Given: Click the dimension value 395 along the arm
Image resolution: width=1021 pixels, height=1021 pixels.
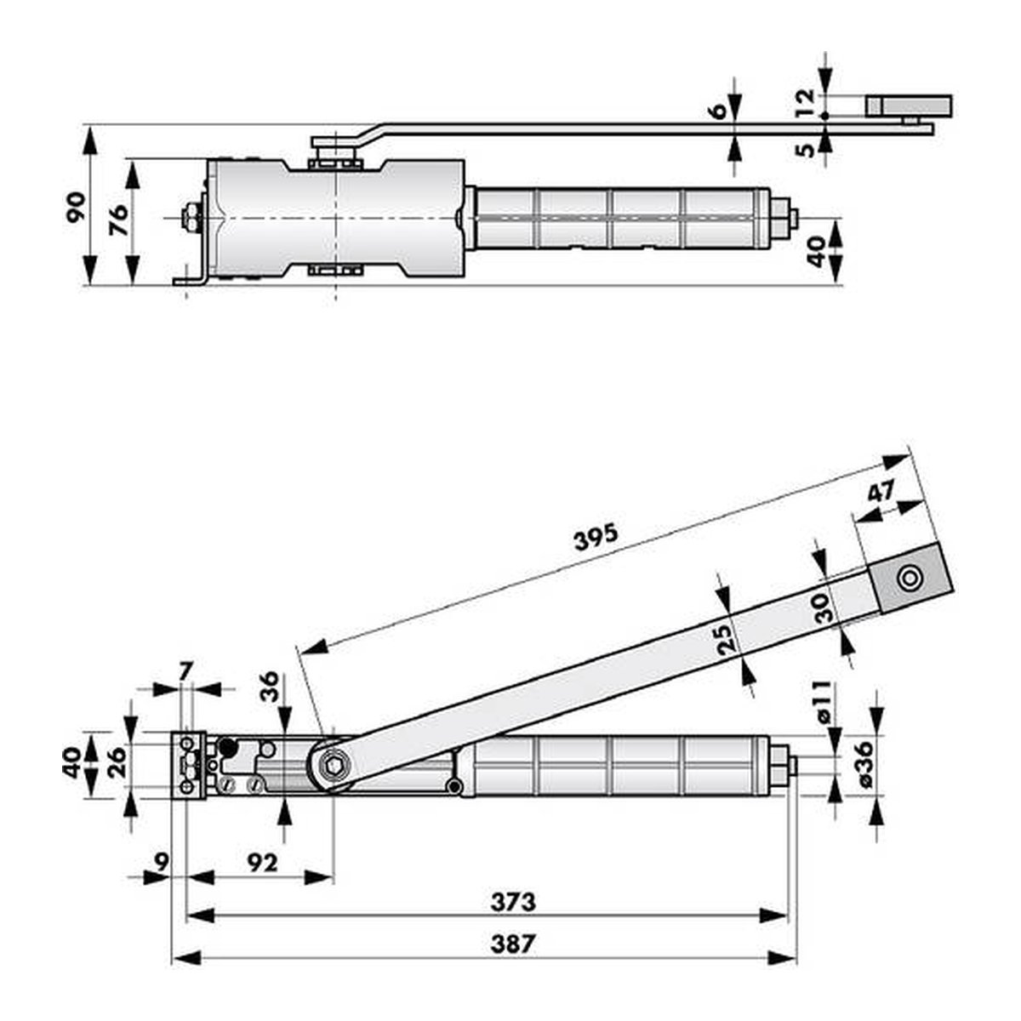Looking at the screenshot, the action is [596, 536].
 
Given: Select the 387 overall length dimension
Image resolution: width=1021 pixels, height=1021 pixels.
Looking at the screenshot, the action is [513, 944].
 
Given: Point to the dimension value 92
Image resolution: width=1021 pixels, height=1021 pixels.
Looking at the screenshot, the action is [263, 863].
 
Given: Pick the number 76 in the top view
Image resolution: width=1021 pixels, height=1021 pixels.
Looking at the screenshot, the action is [118, 220].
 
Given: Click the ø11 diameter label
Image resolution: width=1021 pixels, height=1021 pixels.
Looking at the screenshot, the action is [824, 703].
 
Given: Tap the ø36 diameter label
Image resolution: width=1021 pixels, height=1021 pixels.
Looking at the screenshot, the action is [864, 765].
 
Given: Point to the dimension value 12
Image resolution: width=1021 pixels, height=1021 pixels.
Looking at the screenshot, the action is [805, 103].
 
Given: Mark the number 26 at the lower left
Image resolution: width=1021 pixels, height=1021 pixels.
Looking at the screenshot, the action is [117, 761].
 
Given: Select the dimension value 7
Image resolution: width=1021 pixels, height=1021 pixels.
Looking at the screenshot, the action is [184, 673].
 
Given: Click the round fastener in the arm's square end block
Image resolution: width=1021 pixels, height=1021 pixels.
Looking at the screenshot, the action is [909, 578].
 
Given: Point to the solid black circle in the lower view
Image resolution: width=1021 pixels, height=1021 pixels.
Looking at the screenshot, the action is [228, 747].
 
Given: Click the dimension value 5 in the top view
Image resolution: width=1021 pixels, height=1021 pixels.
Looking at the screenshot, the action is [806, 150].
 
